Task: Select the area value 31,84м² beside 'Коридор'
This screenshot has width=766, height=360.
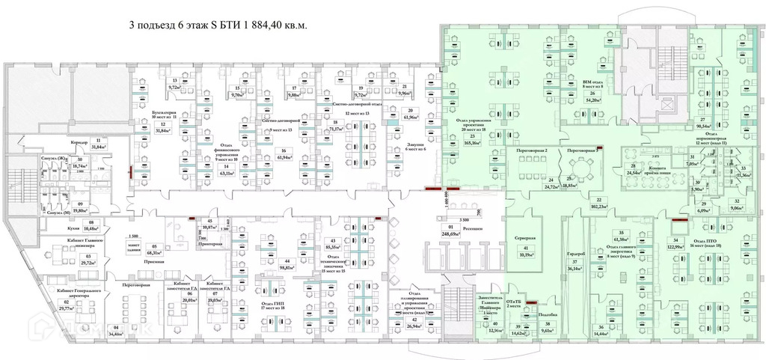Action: coord(98,147)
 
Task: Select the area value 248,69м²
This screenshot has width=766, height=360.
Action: coord(450,234)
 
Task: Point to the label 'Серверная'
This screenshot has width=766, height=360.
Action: coord(527,240)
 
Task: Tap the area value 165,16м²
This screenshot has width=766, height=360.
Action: coord(473,141)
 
